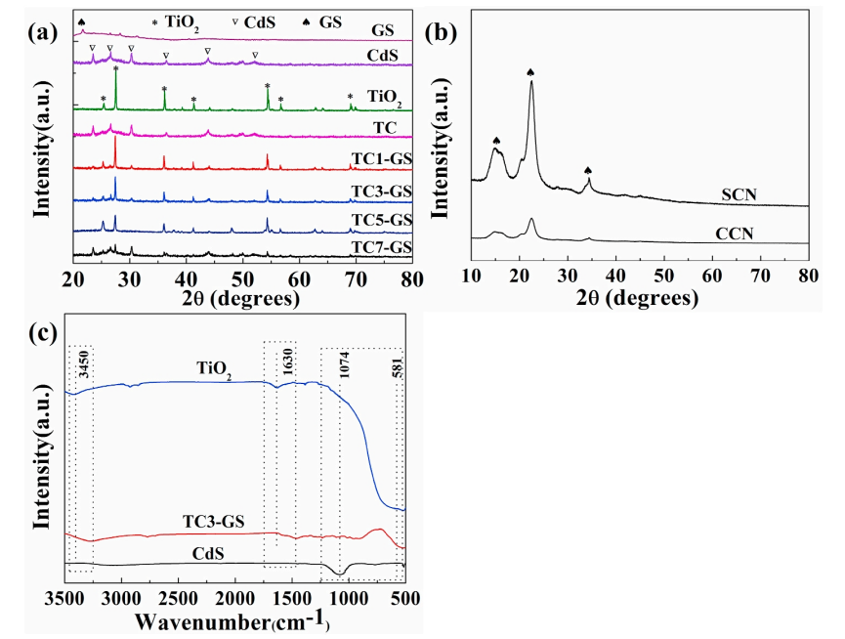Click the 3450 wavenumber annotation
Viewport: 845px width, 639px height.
point(84,363)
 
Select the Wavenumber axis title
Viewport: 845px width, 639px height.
point(232,620)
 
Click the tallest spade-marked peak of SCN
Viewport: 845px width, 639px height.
point(531,82)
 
